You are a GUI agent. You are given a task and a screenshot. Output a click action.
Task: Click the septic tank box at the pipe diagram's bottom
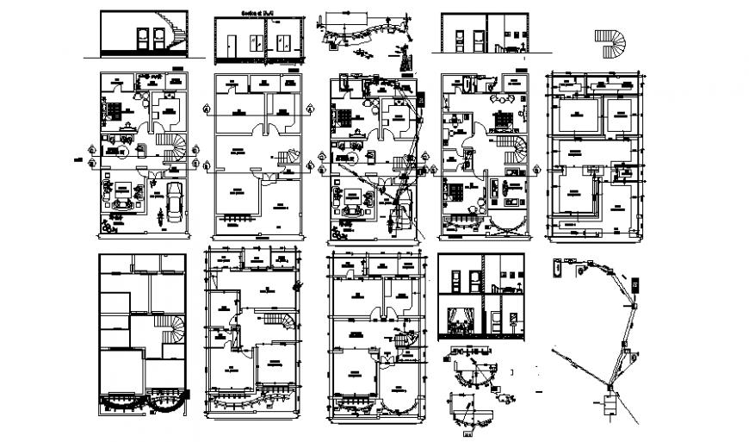611,404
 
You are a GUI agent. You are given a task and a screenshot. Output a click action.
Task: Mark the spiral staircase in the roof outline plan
174,330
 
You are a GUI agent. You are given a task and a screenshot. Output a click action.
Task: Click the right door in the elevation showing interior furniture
507,40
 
